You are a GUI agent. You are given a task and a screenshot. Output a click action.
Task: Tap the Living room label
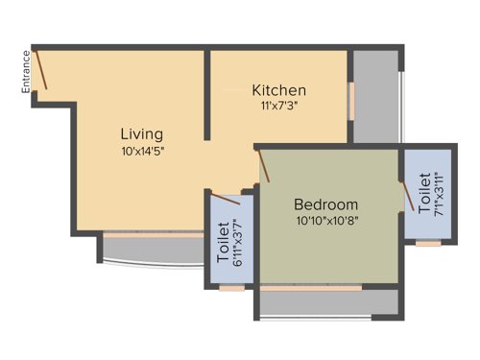[141, 133]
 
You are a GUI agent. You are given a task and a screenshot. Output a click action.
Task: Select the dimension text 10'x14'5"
[141, 151]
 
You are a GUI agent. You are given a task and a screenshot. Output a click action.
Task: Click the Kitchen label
[278, 90]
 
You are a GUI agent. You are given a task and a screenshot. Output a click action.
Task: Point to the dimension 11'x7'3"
[278, 107]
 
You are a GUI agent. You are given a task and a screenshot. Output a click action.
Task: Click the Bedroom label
[325, 204]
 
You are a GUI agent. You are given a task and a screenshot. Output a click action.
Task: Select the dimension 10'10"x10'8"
[325, 220]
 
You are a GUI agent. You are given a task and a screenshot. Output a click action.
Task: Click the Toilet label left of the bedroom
[224, 244]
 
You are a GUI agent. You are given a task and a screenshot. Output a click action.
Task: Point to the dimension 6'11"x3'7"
[240, 244]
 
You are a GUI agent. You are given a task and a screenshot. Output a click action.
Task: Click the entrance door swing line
[39, 70]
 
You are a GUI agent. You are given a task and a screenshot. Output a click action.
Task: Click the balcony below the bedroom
[326, 302]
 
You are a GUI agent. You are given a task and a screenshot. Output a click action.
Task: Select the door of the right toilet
[407, 194]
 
